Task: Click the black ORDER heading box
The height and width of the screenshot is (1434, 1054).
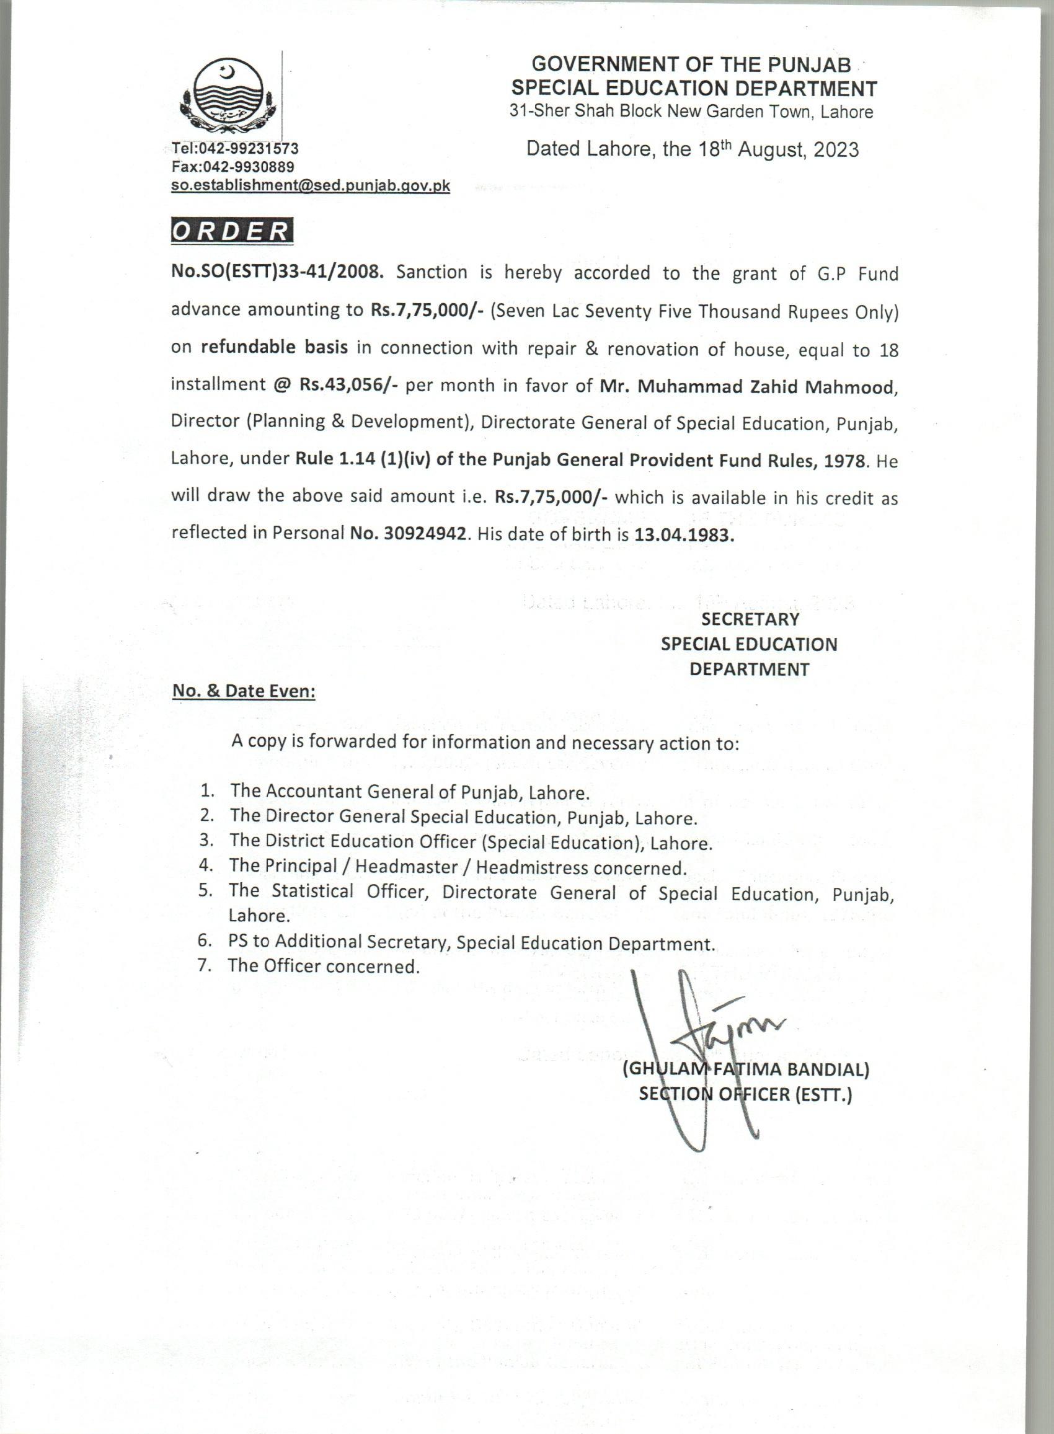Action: click(x=232, y=231)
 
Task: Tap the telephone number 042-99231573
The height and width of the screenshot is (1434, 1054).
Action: click(x=249, y=149)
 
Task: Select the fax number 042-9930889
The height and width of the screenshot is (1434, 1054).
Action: click(x=246, y=167)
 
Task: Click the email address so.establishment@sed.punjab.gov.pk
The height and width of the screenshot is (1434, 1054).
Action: click(x=311, y=185)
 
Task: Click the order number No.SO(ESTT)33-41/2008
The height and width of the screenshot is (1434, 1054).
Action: click(x=277, y=272)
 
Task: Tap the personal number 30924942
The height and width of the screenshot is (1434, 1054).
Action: click(x=425, y=534)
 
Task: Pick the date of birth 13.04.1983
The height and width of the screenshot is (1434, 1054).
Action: click(x=684, y=534)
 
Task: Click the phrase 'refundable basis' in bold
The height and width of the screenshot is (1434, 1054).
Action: click(x=274, y=348)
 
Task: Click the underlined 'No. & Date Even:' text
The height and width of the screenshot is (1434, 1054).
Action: click(x=244, y=691)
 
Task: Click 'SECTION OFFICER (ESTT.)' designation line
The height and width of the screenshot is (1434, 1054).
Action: click(x=745, y=1095)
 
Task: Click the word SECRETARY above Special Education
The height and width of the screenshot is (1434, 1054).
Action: click(x=750, y=619)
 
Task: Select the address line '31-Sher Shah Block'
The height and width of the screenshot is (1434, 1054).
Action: click(x=691, y=112)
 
